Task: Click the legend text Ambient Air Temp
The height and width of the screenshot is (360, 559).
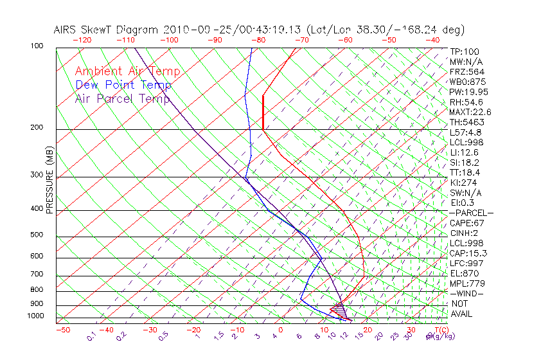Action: point(127,71)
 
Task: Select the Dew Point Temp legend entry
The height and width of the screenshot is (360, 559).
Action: point(123,85)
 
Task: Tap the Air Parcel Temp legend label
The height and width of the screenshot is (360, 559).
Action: point(122,98)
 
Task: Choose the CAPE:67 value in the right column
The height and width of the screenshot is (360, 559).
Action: point(466,223)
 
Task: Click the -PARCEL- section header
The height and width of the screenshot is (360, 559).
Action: point(471,213)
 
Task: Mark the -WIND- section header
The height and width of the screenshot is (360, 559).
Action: point(466,293)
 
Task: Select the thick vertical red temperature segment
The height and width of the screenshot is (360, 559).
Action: point(263,113)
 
